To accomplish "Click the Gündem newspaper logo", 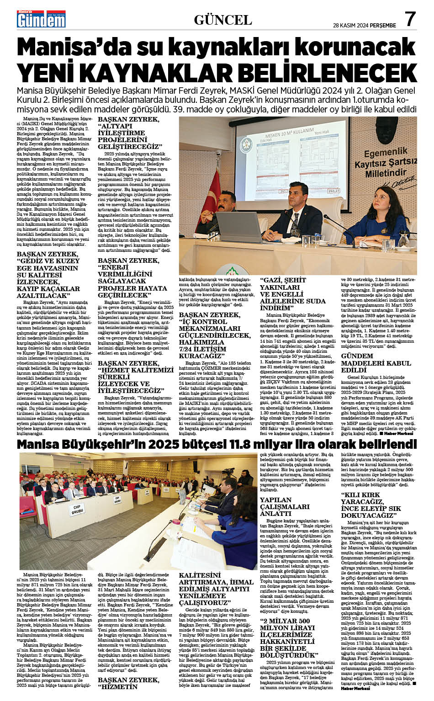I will [x=41, y=19].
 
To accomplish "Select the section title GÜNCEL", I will [x=222, y=20].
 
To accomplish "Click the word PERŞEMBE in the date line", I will [x=382, y=26].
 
